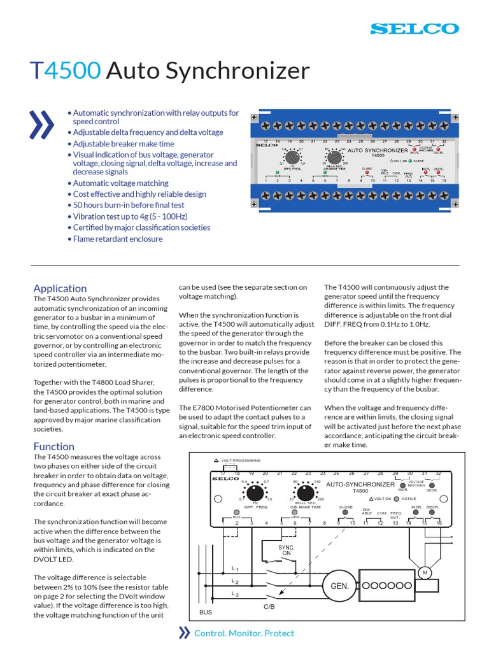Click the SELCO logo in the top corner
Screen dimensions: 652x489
(x=414, y=29)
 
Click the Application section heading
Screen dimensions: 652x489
(x=60, y=288)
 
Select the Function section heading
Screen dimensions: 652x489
(x=53, y=446)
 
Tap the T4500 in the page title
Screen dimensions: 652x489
(x=66, y=71)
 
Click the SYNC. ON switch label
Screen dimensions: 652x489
(x=287, y=550)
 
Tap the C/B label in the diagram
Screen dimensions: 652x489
(x=270, y=607)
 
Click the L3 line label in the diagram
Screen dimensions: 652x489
(x=235, y=594)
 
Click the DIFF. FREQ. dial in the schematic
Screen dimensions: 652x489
(x=255, y=493)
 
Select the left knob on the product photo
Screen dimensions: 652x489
(x=292, y=156)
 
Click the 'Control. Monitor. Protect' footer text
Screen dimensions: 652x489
(x=244, y=633)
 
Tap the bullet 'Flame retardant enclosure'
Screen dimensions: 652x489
(x=117, y=239)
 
